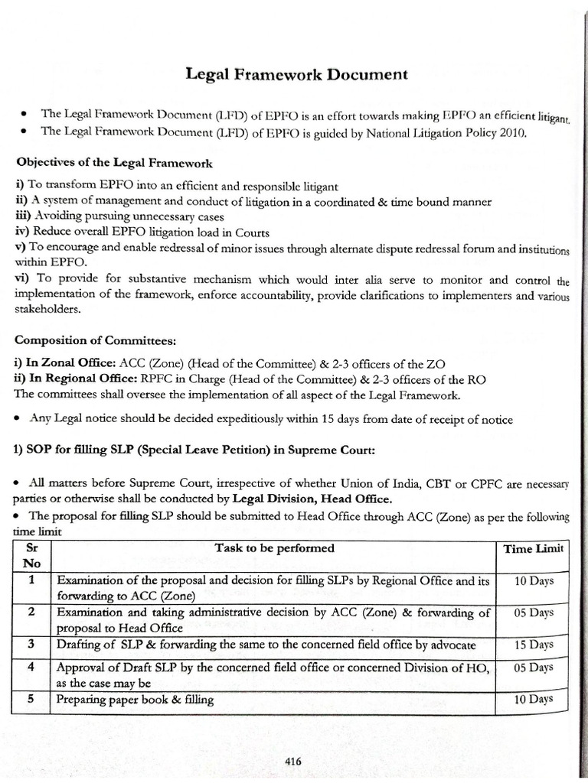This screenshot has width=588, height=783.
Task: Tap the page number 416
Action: pos(292,761)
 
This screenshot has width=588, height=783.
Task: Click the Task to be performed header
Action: pos(285,548)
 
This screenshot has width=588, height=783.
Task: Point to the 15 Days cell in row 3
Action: pos(533,645)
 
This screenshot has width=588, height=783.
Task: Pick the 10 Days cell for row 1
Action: pos(533,581)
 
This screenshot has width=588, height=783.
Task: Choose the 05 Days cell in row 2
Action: pos(533,612)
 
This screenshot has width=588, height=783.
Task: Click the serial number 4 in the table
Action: pos(31,667)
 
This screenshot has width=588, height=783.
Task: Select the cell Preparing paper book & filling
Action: pos(136,700)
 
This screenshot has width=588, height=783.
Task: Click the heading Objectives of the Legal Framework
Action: pos(115,164)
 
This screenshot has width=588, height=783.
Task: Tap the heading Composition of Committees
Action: pos(88,340)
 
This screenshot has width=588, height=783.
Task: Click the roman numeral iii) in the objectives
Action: pos(21,217)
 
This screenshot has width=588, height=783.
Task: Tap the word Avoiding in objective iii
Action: pos(54,217)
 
